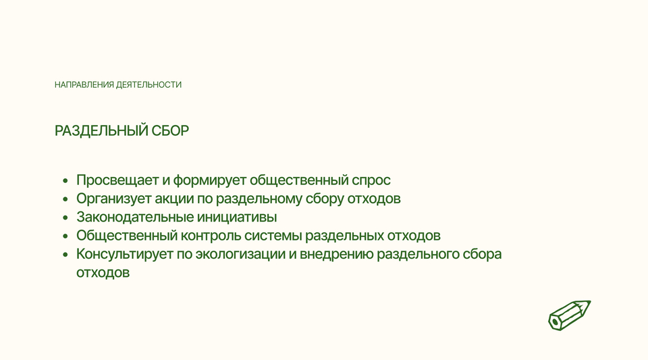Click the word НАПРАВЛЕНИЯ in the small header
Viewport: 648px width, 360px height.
(84, 84)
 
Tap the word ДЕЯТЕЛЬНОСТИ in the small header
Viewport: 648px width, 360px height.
(148, 84)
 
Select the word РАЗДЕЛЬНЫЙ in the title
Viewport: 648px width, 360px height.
(101, 130)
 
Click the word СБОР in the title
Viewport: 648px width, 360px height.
(170, 130)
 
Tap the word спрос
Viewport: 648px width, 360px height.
(371, 180)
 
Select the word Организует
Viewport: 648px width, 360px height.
(113, 199)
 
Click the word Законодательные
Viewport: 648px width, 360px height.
(135, 217)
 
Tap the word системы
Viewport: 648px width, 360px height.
(273, 236)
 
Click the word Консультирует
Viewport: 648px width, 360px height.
(124, 254)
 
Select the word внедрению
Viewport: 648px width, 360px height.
(336, 255)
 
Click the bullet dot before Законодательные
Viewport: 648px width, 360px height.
(65, 217)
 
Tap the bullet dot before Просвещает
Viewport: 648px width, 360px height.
(65, 180)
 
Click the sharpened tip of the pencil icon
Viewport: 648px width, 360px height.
(590, 302)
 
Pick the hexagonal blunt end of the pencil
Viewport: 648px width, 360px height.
(554, 322)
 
